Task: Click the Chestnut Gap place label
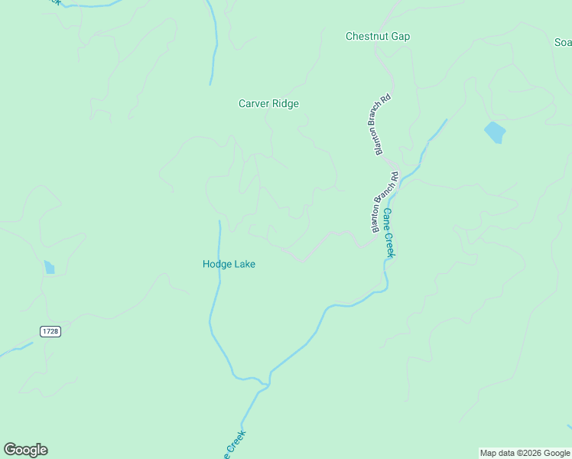[378, 37]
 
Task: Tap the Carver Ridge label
[268, 104]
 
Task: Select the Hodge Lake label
[229, 264]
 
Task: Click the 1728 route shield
[50, 331]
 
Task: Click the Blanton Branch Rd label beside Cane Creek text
[385, 203]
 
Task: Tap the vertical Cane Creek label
[389, 233]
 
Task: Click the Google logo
[25, 450]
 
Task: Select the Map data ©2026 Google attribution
[525, 453]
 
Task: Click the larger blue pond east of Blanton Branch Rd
[495, 132]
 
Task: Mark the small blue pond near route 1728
[49, 267]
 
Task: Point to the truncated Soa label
[563, 43]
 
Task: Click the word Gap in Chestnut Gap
[401, 37]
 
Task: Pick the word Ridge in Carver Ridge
[285, 104]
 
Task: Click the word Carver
[253, 104]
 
